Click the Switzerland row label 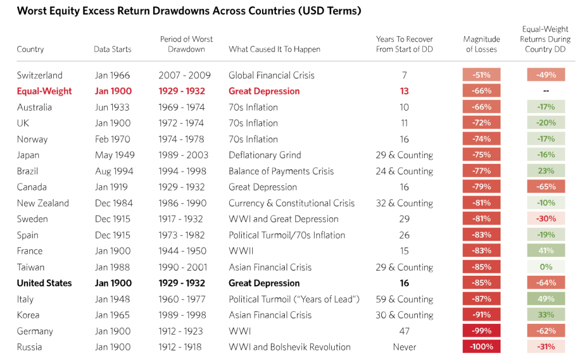tap(40, 75)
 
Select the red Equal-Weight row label tap(44, 91)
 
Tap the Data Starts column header tap(112, 49)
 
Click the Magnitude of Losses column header tap(482, 44)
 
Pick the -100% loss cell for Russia tap(482, 347)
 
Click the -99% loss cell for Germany tap(482, 331)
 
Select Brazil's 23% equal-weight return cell tap(546, 171)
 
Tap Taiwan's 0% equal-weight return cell tap(546, 267)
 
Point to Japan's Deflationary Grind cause tap(265, 155)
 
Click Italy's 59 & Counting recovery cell tap(404, 299)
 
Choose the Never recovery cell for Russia tap(404, 347)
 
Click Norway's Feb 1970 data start tap(112, 139)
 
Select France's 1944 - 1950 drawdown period tap(182, 251)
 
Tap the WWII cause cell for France tap(241, 251)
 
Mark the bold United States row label tap(44, 283)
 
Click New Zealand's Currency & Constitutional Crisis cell tap(292, 203)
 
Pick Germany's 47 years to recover tap(404, 331)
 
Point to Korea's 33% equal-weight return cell tap(546, 315)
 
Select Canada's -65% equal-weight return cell tap(546, 187)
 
